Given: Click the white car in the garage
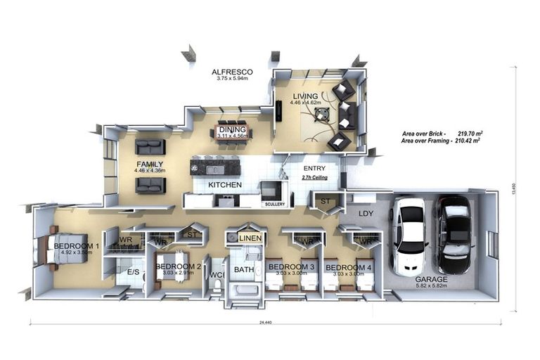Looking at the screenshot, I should coord(408,236).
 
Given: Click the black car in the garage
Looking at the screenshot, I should coord(454,234).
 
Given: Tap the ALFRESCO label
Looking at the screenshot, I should coord(233,72).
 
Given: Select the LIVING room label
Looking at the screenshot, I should coord(307,96).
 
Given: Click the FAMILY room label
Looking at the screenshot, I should coord(150,164).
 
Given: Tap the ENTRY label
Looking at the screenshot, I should coord(314,169).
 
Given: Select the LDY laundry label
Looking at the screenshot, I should coord(366,212).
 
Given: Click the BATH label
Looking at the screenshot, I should coord(243,269).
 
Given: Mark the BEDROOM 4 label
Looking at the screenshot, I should coord(348,268).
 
